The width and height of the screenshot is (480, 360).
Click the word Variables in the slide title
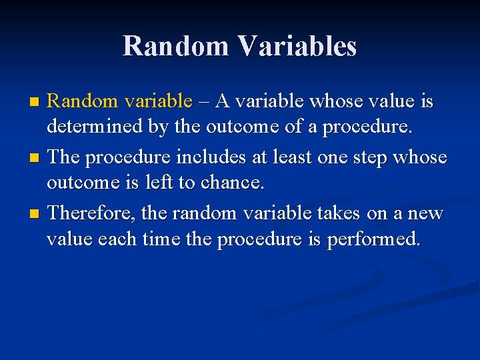tap(297, 46)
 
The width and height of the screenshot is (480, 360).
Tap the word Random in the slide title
tap(175, 46)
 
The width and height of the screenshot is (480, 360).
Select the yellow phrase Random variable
tap(120, 101)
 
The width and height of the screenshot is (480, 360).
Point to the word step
tap(365, 157)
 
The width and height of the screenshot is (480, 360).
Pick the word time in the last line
tap(159, 239)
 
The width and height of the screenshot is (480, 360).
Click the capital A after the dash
tap(223, 101)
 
